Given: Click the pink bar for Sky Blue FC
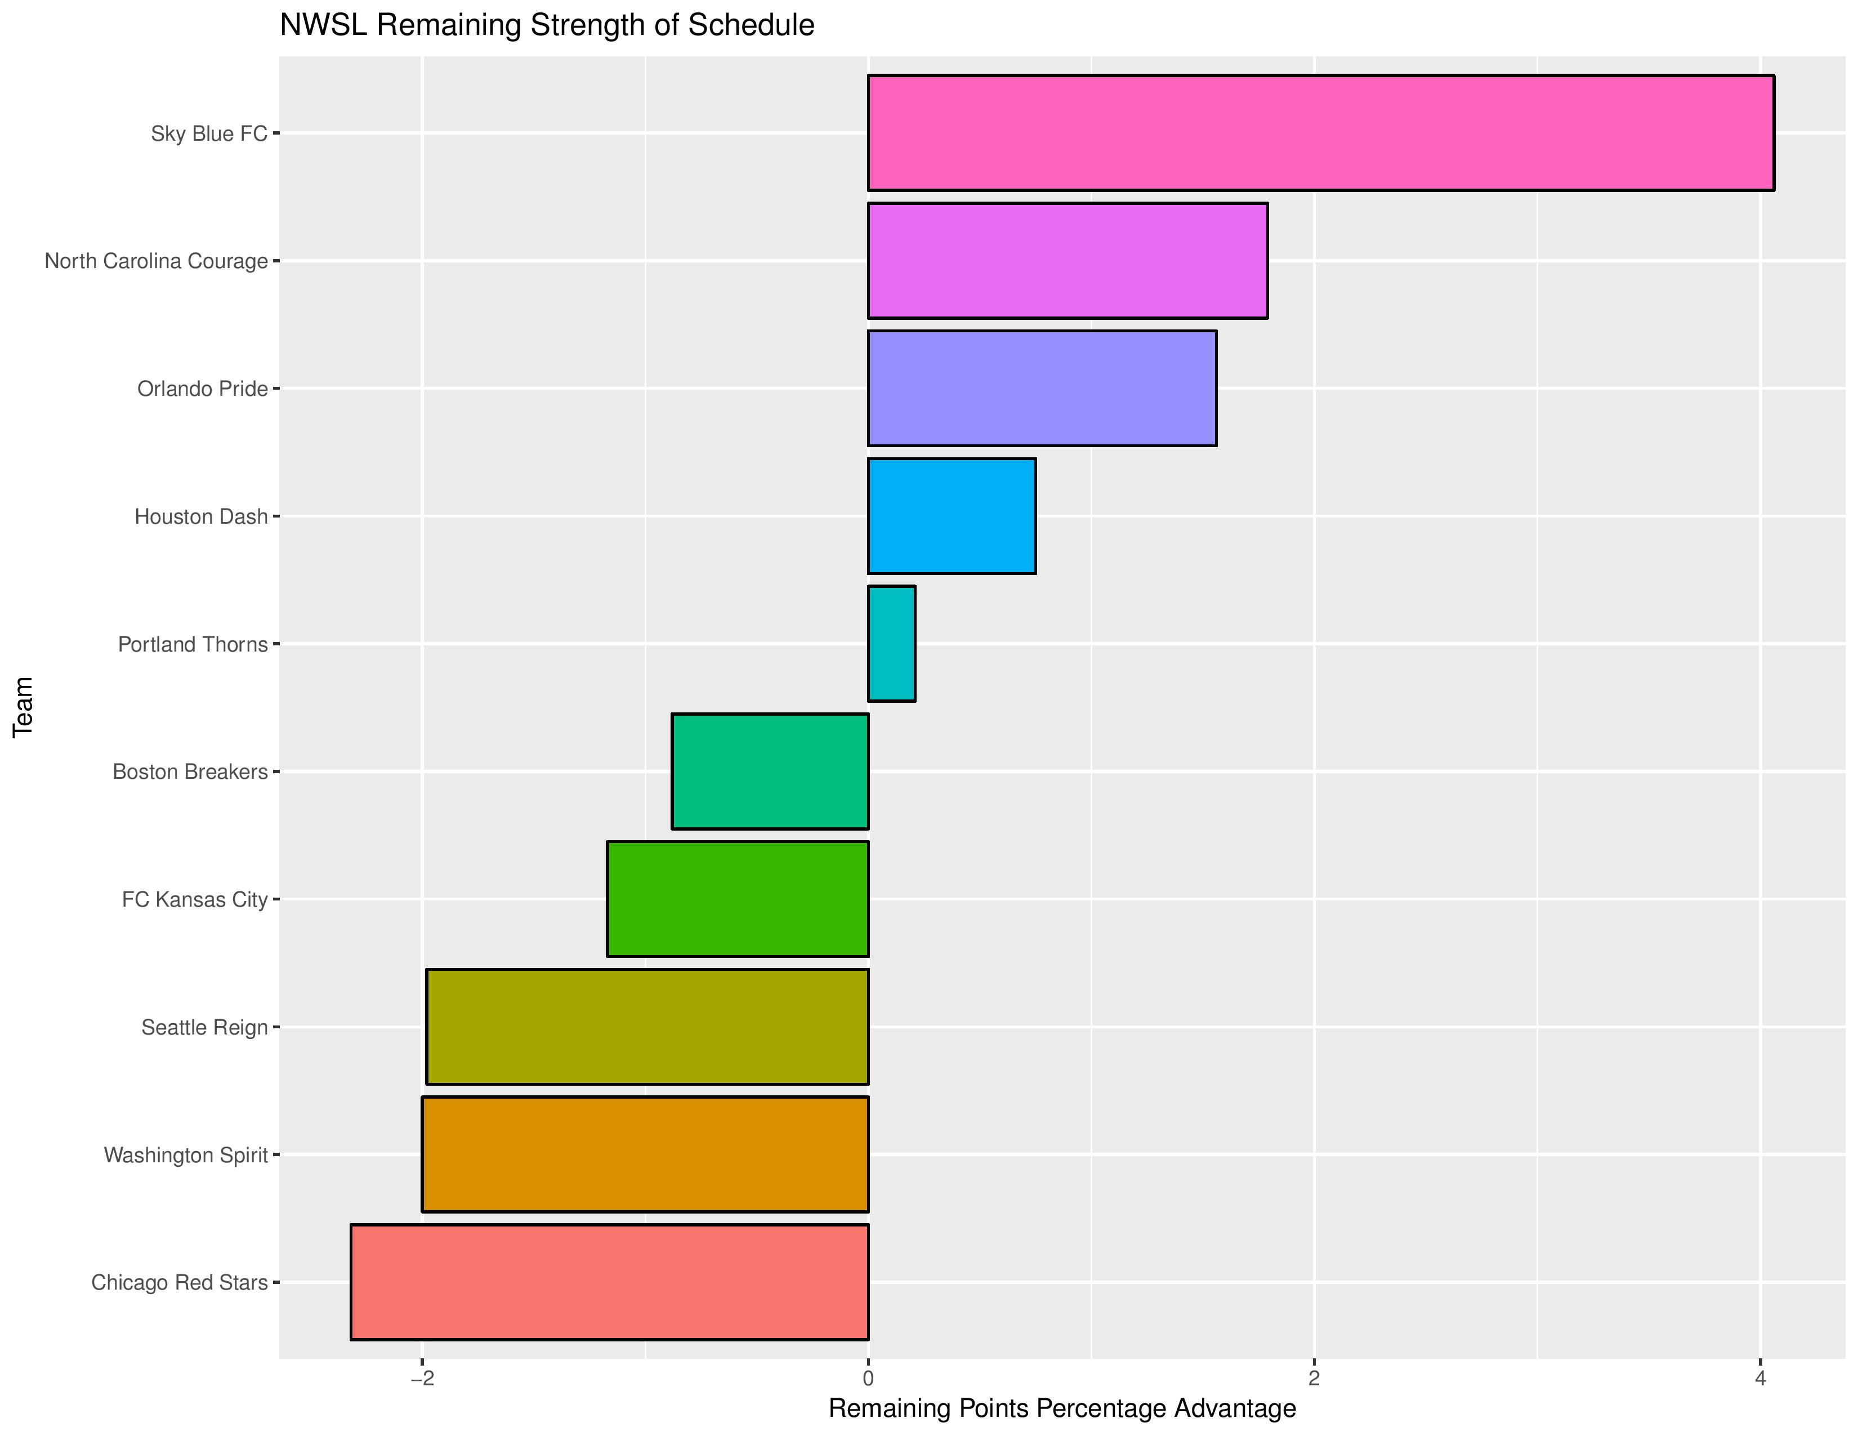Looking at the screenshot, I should [1320, 133].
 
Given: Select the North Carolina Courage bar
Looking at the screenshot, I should [1068, 260].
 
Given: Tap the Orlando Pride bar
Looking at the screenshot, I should [1042, 388].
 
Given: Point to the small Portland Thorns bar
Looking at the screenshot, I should [892, 643].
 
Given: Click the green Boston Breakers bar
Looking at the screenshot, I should [770, 771].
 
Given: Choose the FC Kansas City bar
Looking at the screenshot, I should [738, 898].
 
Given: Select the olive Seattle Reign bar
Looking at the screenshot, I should [647, 1026].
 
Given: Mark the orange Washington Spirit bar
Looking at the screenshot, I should [645, 1153].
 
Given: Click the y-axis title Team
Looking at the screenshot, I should [24, 707].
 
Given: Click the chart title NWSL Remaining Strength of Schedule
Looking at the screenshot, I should [547, 25].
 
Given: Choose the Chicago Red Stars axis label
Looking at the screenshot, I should [180, 1282].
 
